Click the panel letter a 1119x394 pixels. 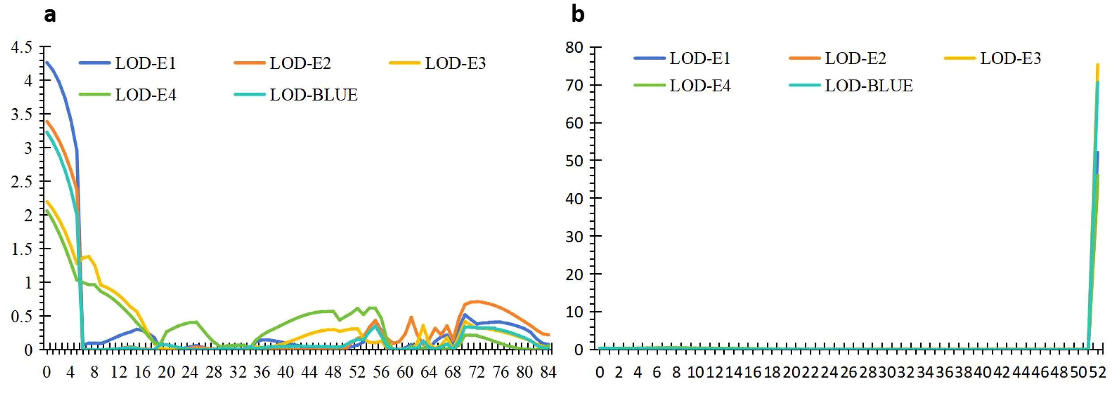pos(50,15)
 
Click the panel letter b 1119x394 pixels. pos(577,14)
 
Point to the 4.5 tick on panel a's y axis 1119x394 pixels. pos(21,47)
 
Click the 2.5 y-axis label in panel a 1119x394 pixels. pos(21,182)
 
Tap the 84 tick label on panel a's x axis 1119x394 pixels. pos(548,372)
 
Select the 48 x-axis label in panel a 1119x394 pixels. pos(333,372)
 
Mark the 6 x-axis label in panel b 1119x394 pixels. pos(657,372)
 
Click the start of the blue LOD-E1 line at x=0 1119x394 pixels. pos(47,63)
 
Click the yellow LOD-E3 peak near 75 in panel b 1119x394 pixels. pos(1098,65)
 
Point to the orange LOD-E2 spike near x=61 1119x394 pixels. pos(410,318)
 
